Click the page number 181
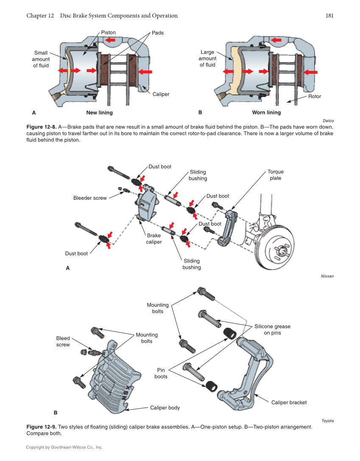(329, 16)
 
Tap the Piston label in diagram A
(108, 32)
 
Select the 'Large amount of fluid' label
(207, 59)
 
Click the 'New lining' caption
(99, 112)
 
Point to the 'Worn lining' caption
(266, 112)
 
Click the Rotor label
(314, 96)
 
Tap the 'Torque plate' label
(275, 175)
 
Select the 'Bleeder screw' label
(90, 198)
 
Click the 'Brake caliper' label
(154, 238)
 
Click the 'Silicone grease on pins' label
(272, 330)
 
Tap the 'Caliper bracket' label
(289, 402)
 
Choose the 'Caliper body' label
(165, 408)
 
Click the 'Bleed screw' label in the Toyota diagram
(63, 341)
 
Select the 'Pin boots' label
(161, 373)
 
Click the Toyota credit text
(327, 421)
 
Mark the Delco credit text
(328, 121)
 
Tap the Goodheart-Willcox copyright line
(64, 447)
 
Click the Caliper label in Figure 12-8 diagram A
(161, 94)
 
